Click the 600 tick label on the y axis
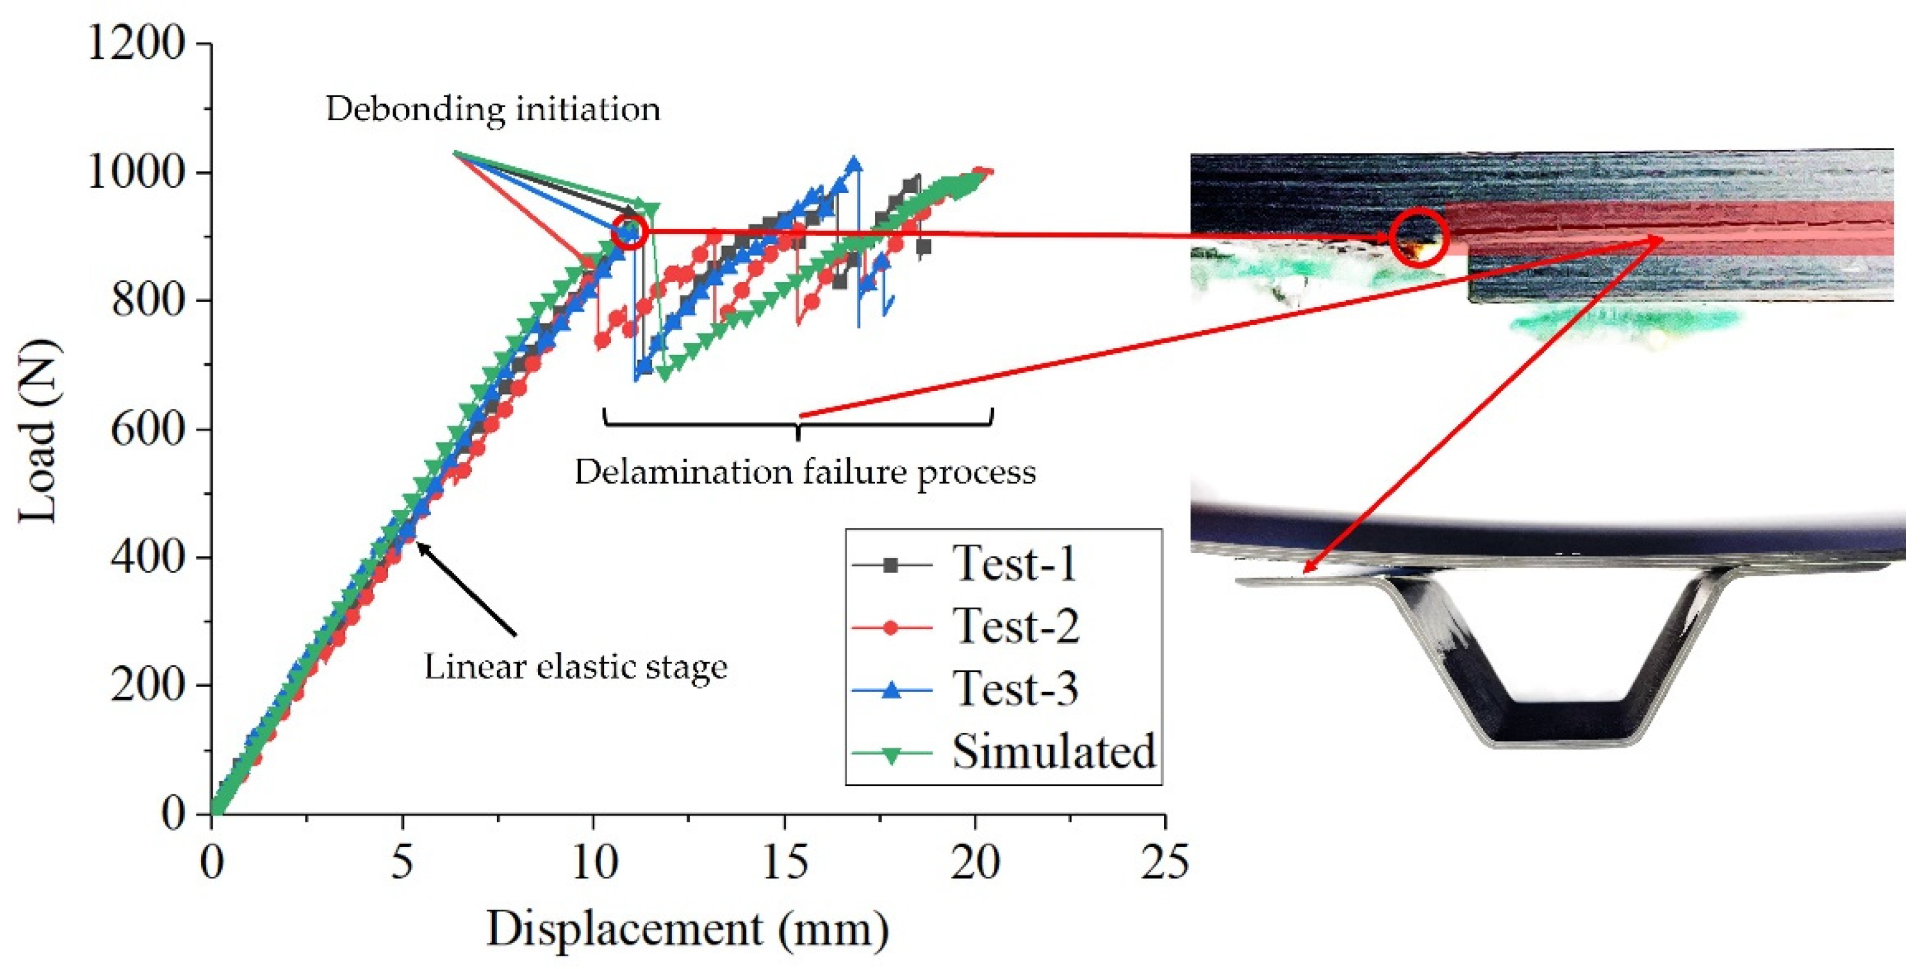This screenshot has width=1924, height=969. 148,429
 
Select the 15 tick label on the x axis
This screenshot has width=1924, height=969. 785,863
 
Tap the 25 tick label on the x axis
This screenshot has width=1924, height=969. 1165,863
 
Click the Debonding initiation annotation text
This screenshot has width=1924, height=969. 493,110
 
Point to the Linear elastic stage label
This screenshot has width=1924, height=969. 576,667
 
